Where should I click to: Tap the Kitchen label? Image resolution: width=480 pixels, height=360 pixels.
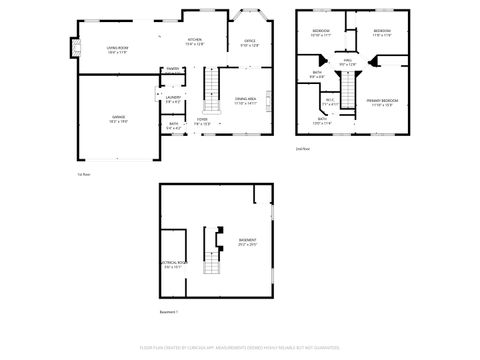click(x=194, y=42)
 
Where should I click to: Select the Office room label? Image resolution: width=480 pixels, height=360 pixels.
click(x=250, y=43)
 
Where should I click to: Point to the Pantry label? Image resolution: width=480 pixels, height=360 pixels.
click(x=173, y=68)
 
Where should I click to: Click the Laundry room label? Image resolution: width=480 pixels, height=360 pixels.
click(x=173, y=98)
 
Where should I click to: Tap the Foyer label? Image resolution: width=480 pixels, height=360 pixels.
click(x=202, y=122)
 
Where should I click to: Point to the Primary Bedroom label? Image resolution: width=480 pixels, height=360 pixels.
click(x=381, y=103)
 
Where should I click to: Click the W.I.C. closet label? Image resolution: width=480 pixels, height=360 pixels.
click(x=330, y=100)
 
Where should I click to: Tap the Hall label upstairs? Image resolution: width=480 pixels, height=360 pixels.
click(x=348, y=63)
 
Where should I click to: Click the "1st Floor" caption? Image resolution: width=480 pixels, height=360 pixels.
click(x=85, y=174)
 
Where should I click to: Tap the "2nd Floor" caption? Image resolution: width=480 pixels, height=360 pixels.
click(x=302, y=149)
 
